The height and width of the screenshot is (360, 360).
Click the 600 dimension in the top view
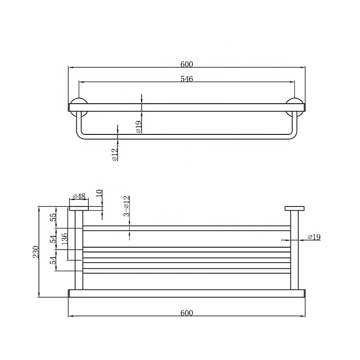pyautogui.click(x=187, y=64)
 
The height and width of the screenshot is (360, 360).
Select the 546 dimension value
pyautogui.click(x=187, y=79)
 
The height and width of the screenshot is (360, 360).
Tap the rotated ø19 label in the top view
pyautogui.click(x=139, y=127)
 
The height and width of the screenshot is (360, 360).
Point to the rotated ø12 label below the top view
pyautogui.click(x=115, y=155)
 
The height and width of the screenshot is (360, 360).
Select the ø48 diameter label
pyautogui.click(x=79, y=196)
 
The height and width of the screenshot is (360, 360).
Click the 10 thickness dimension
pyautogui.click(x=99, y=194)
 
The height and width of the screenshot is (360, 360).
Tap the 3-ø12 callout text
pyautogui.click(x=127, y=206)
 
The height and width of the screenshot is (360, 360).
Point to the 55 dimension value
pyautogui.click(x=53, y=217)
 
